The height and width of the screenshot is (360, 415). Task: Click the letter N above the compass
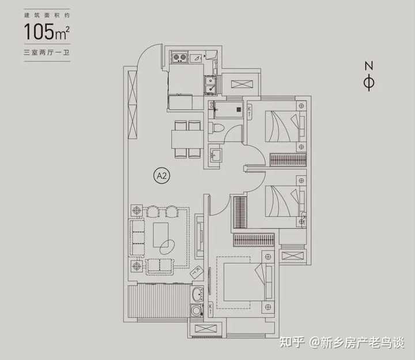pyautogui.click(x=369, y=65)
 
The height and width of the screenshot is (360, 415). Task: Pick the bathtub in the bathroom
pyautogui.click(x=227, y=108)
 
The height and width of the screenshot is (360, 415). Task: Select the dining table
pyautogui.click(x=186, y=139)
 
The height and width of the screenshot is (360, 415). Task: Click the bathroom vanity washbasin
pyautogui.click(x=214, y=155)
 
